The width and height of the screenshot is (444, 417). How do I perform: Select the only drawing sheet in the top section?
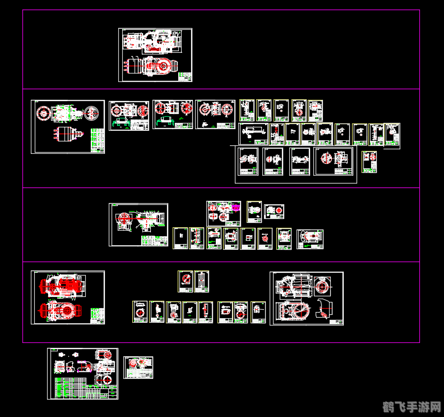pos(155,55)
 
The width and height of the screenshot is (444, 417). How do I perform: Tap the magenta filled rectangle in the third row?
pos(236,208)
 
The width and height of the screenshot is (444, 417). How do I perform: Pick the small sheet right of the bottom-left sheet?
pos(138,368)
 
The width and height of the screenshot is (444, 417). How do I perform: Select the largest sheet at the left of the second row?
pos(67,126)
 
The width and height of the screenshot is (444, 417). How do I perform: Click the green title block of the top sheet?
pos(185,76)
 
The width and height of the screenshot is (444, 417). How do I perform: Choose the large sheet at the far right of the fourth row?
pos(306,298)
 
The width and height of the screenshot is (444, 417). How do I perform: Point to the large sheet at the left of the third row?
pos(138,224)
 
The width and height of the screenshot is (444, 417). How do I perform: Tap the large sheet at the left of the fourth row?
pos(67,297)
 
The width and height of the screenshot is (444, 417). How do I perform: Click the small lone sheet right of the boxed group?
pos(369,162)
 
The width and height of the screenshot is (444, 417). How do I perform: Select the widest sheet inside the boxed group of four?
pos(335,162)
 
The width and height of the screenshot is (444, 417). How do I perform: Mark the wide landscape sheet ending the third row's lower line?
pos(310,239)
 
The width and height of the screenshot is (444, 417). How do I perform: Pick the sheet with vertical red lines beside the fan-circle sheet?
pos(202,281)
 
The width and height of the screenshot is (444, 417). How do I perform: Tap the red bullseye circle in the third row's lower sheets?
pos(264,238)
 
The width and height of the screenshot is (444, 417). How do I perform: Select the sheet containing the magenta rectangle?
pos(224,213)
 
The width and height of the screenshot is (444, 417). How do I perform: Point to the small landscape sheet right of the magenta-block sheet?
pos(274,212)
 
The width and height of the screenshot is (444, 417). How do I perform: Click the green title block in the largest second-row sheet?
pos(98,140)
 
